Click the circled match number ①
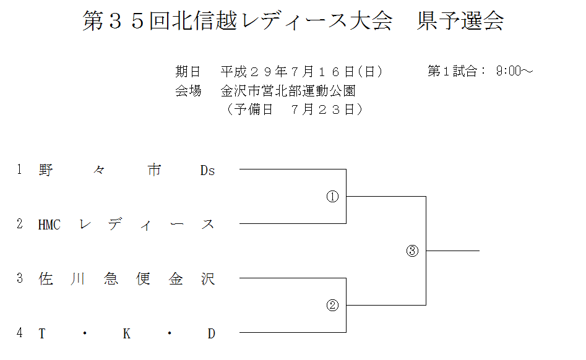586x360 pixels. click(x=332, y=197)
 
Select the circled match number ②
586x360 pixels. click(x=332, y=305)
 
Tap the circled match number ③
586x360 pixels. click(x=413, y=251)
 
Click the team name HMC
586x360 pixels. click(x=50, y=225)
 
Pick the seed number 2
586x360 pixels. click(x=20, y=225)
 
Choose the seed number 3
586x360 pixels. click(x=20, y=279)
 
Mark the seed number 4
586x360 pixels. click(x=20, y=333)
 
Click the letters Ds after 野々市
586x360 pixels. click(x=207, y=171)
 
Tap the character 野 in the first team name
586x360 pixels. click(x=45, y=170)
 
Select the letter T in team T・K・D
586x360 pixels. click(x=42, y=334)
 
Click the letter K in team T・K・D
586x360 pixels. click(x=126, y=334)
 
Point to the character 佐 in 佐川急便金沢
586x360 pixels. click(x=45, y=279)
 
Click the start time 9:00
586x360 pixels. click(x=509, y=71)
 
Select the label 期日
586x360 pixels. click(x=188, y=71)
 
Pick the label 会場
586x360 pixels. click(x=188, y=91)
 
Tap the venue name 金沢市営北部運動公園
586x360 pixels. click(x=288, y=91)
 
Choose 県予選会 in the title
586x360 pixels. click(x=460, y=22)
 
